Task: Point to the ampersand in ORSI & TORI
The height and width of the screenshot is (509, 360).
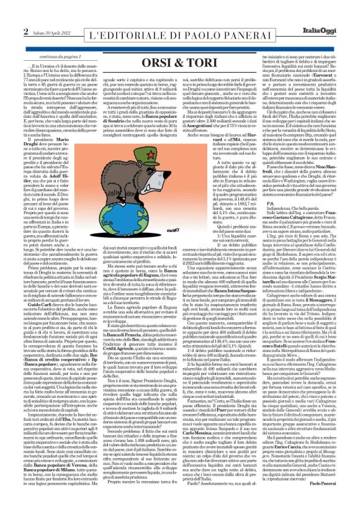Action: click(x=178, y=46)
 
